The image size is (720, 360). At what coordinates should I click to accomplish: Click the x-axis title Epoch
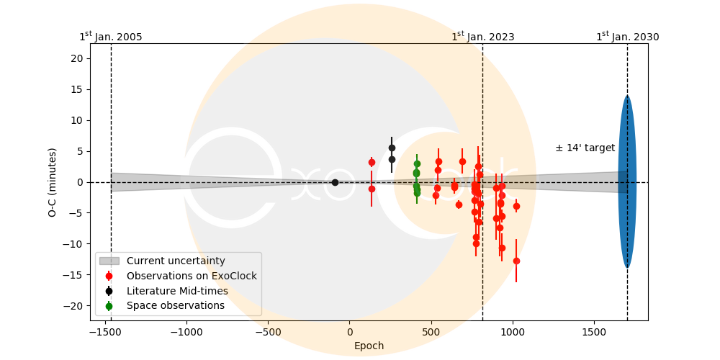pos(369,346)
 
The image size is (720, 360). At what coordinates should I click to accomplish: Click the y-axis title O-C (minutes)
pos(53,182)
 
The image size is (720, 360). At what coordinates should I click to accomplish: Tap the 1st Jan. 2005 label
pos(111,37)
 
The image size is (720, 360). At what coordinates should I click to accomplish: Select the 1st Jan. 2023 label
pos(482,37)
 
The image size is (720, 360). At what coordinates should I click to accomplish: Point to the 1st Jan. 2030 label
pos(627,37)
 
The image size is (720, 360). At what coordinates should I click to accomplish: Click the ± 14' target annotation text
pos(585,148)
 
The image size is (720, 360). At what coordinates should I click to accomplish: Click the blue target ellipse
pos(627,182)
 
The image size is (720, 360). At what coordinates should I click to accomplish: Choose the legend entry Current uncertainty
pos(176,261)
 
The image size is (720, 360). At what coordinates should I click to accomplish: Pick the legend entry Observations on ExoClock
pos(192,276)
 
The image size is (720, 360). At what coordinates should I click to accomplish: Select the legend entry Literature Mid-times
pos(177,291)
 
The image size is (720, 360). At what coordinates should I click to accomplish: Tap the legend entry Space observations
pos(175,306)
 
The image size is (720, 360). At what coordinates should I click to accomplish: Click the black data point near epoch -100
pos(335,182)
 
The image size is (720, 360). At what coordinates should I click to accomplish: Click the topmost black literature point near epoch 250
pos(392,148)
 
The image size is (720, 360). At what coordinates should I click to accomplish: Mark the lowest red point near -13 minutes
pos(516,261)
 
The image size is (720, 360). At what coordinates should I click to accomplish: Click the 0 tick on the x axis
pos(350,333)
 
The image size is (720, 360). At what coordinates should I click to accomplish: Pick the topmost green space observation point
pos(417,163)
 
